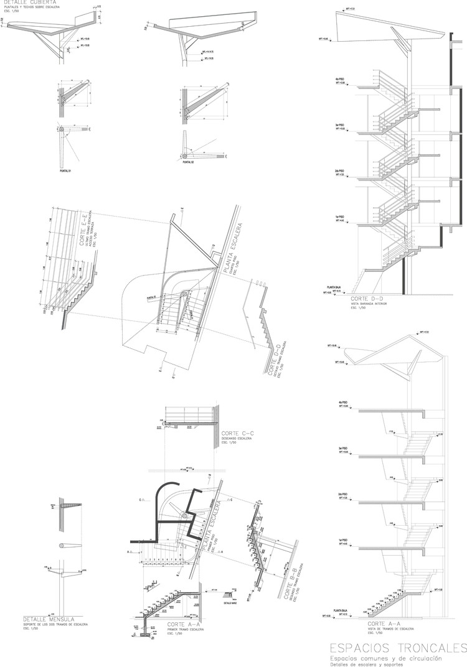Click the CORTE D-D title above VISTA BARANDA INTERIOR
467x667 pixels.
(365, 300)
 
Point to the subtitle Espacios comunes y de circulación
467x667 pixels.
(386, 657)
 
